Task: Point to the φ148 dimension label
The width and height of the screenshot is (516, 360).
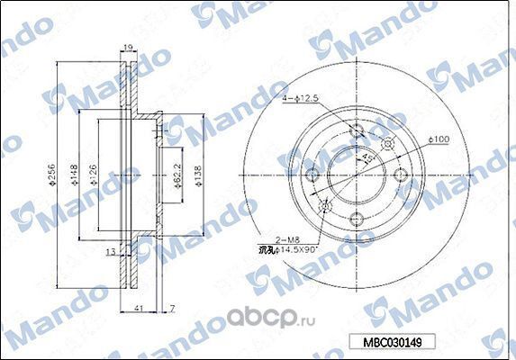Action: pyautogui.click(x=75, y=171)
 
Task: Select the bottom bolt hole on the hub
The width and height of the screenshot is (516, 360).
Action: pyautogui.click(x=354, y=216)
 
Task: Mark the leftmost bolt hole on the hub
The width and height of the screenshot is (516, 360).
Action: pyautogui.click(x=313, y=176)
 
